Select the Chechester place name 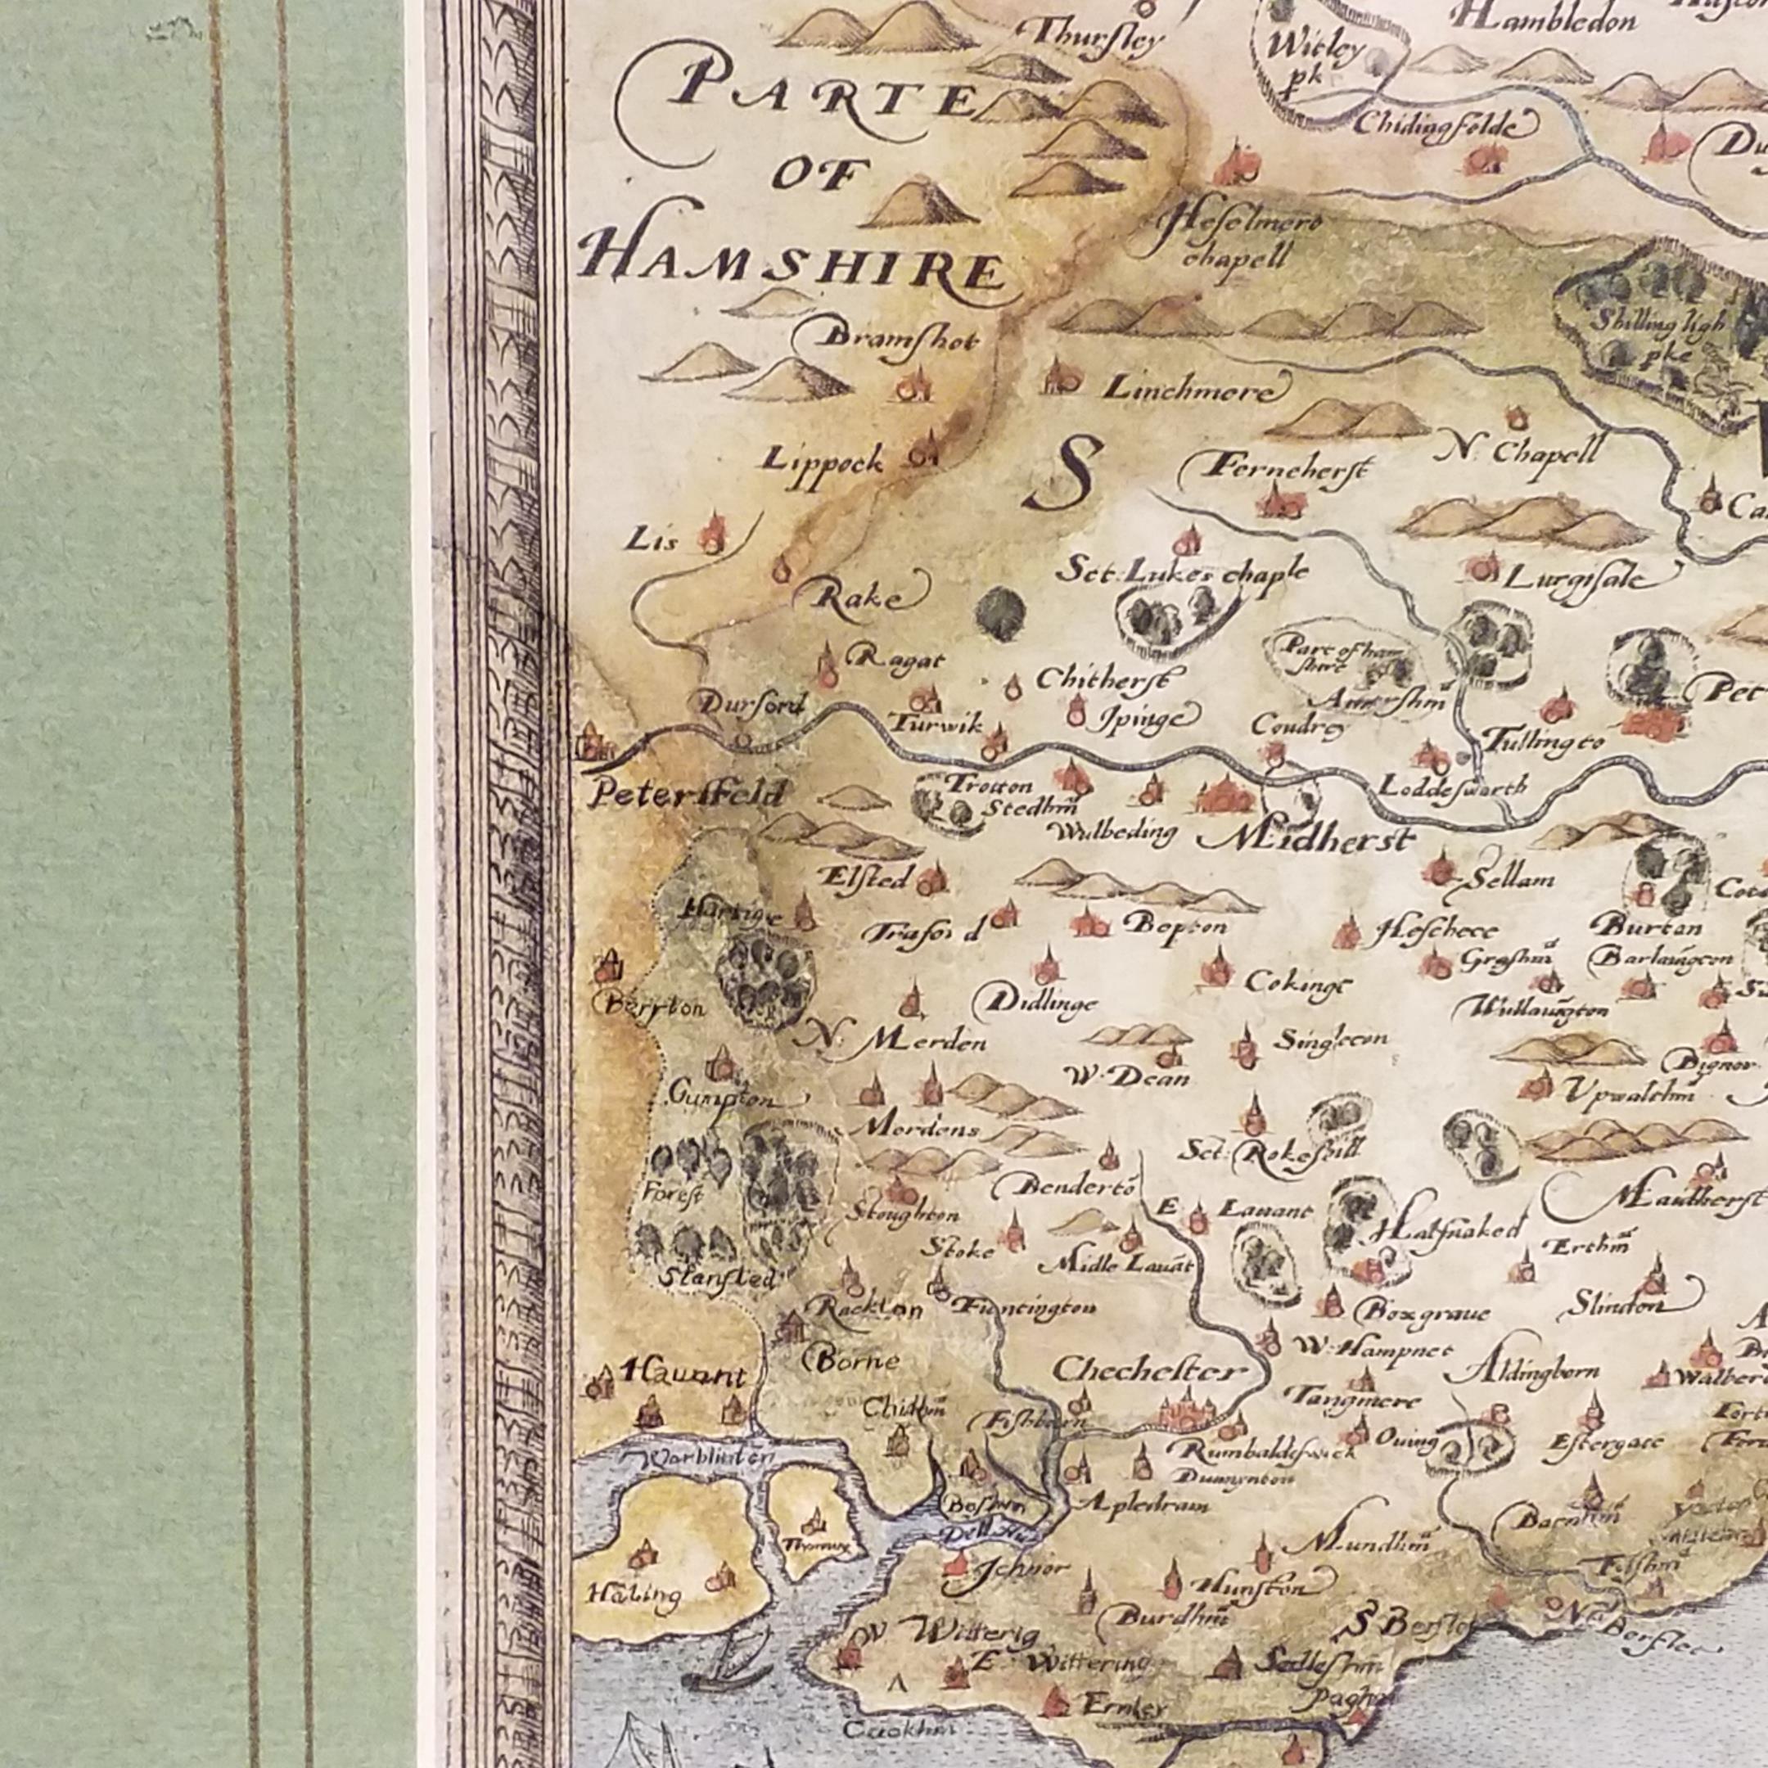pos(1149,1371)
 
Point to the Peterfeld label pos(685,793)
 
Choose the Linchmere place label pos(1188,390)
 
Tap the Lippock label pos(824,460)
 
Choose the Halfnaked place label pos(1450,1227)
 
